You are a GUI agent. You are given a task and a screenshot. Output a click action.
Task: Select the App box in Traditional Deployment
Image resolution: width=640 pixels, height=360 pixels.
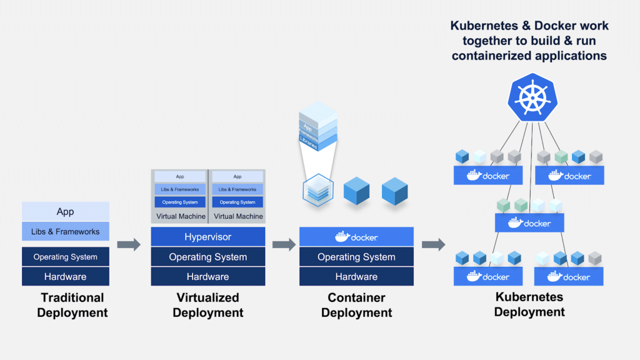[66, 212]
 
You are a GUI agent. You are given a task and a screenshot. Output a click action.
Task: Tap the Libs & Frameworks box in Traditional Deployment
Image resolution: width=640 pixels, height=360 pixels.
[66, 231]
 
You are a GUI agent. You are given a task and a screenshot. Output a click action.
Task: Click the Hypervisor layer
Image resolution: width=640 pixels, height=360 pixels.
[207, 237]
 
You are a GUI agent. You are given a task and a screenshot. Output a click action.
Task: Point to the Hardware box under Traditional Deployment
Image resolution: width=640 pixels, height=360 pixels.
[66, 276]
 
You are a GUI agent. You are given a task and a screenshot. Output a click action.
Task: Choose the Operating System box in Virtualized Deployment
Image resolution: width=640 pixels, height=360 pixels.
[207, 257]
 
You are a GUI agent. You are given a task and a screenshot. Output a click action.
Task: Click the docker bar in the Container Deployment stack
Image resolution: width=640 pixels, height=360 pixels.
[356, 237]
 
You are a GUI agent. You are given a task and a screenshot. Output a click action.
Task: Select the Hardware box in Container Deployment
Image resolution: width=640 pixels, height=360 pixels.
[356, 276]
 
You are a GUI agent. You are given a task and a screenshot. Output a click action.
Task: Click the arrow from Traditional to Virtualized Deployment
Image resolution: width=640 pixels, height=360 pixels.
[129, 244]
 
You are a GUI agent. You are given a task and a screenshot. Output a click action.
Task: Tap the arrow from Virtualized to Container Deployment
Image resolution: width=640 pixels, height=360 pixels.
[284, 244]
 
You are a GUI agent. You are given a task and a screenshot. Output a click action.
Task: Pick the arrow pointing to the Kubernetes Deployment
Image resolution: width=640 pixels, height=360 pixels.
[433, 244]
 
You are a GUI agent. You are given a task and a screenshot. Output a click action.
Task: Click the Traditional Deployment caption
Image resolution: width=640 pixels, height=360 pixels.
[72, 305]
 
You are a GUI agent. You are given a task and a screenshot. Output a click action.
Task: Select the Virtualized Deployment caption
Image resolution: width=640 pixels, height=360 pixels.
[207, 305]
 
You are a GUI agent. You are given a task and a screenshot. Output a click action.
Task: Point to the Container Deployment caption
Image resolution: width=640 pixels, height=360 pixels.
[356, 305]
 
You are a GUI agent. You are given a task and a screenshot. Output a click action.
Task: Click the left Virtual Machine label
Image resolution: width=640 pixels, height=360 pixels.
[180, 216]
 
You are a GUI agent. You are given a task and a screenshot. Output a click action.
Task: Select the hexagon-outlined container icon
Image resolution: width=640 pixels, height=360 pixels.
[317, 190]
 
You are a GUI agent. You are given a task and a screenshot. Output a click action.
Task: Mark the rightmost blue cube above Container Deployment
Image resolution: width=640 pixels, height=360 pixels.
[394, 190]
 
